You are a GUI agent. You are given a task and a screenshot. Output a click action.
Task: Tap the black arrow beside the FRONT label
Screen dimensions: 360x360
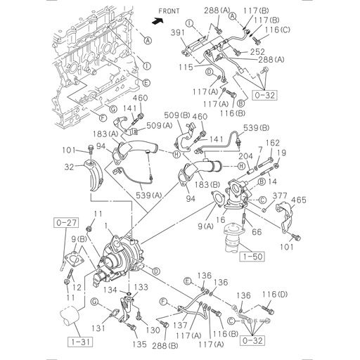[x=158, y=21]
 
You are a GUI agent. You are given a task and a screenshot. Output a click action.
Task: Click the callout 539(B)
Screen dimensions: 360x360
[x=255, y=127]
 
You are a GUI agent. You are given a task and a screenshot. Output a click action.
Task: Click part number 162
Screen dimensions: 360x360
[x=272, y=143]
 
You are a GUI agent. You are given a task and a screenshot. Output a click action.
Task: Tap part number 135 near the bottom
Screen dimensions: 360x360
[x=140, y=345]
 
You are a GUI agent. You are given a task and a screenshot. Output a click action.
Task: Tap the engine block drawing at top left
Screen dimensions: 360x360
[x=84, y=56]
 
